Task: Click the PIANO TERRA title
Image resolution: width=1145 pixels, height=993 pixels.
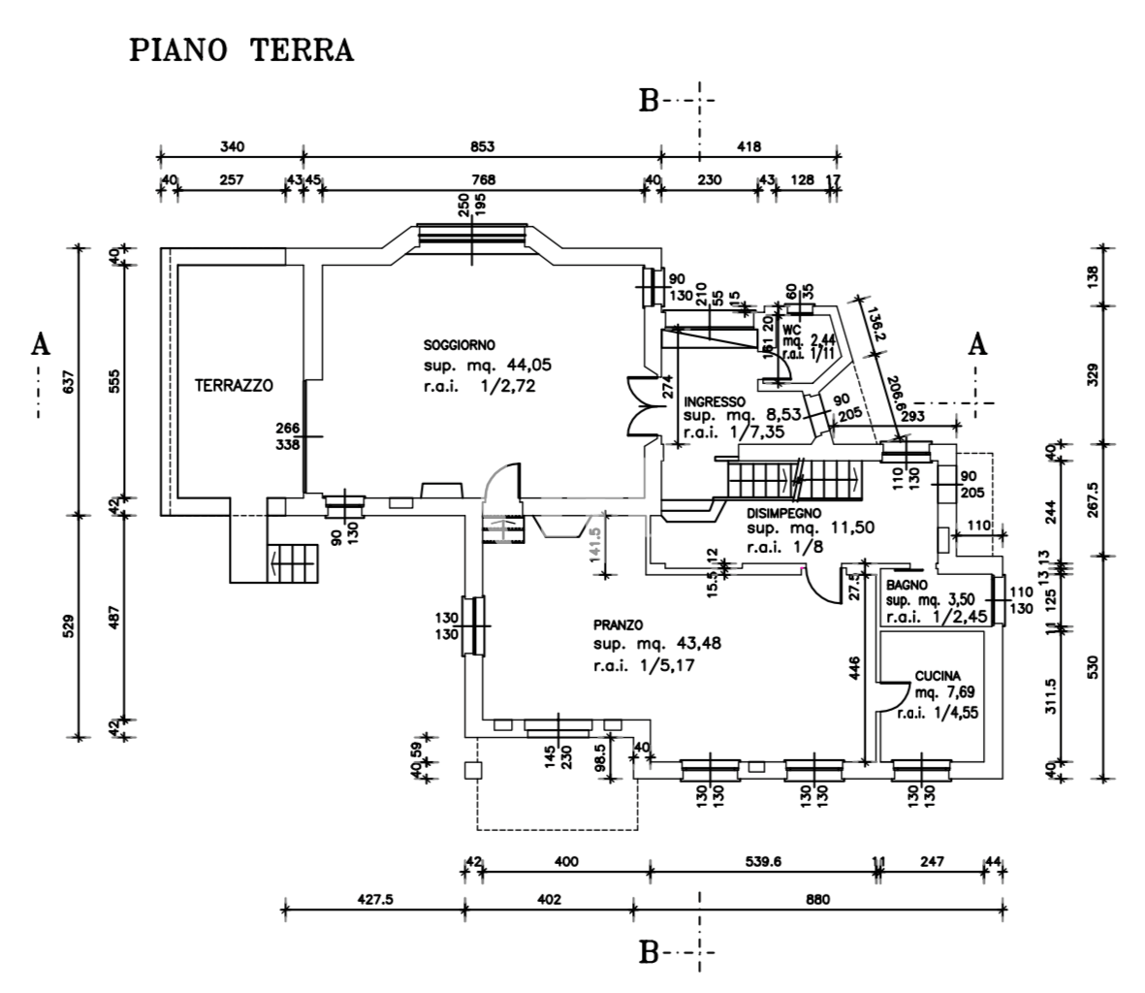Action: pyautogui.click(x=241, y=50)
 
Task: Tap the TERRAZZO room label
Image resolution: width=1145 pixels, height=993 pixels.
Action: pyautogui.click(x=234, y=385)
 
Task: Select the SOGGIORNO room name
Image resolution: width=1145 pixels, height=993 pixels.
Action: pyautogui.click(x=460, y=345)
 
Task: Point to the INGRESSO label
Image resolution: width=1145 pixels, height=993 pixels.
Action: pyautogui.click(x=715, y=401)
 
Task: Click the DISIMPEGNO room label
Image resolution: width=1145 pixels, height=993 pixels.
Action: pyautogui.click(x=784, y=513)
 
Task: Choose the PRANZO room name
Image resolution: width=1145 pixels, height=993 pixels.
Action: pyautogui.click(x=620, y=625)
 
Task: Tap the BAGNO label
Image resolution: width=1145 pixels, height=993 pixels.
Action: pyautogui.click(x=906, y=586)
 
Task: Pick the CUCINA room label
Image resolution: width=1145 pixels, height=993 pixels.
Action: pyautogui.click(x=938, y=677)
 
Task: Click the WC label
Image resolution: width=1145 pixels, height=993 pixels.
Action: pyautogui.click(x=793, y=329)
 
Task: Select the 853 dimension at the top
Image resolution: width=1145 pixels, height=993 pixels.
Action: pyautogui.click(x=483, y=146)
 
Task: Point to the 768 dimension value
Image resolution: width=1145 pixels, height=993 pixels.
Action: pyautogui.click(x=483, y=179)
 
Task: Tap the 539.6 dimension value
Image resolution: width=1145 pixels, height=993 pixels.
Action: pyautogui.click(x=761, y=861)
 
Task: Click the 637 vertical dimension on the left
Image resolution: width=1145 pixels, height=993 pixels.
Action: pyautogui.click(x=67, y=385)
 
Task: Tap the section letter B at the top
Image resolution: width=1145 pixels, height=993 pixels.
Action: pyautogui.click(x=649, y=101)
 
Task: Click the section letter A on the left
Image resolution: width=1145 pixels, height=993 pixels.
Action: pyautogui.click(x=40, y=345)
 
